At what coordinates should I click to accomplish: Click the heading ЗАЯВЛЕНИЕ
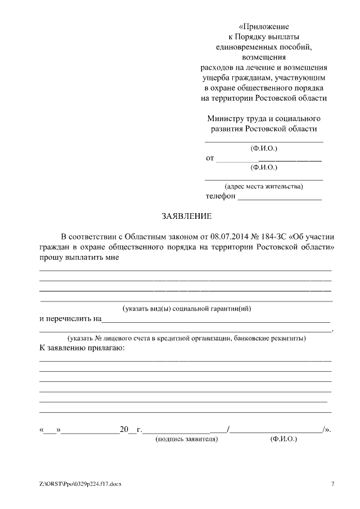(187, 216)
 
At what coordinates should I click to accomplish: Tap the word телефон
(220, 197)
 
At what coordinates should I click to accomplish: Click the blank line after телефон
(280, 198)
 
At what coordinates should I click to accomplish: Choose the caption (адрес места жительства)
(264, 186)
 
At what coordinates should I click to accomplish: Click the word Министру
(224, 119)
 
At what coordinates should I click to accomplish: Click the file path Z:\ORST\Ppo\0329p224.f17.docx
(80, 484)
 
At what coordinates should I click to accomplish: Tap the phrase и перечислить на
(70, 319)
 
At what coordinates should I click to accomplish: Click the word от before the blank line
(210, 159)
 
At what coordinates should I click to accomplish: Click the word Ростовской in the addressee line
(266, 128)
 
